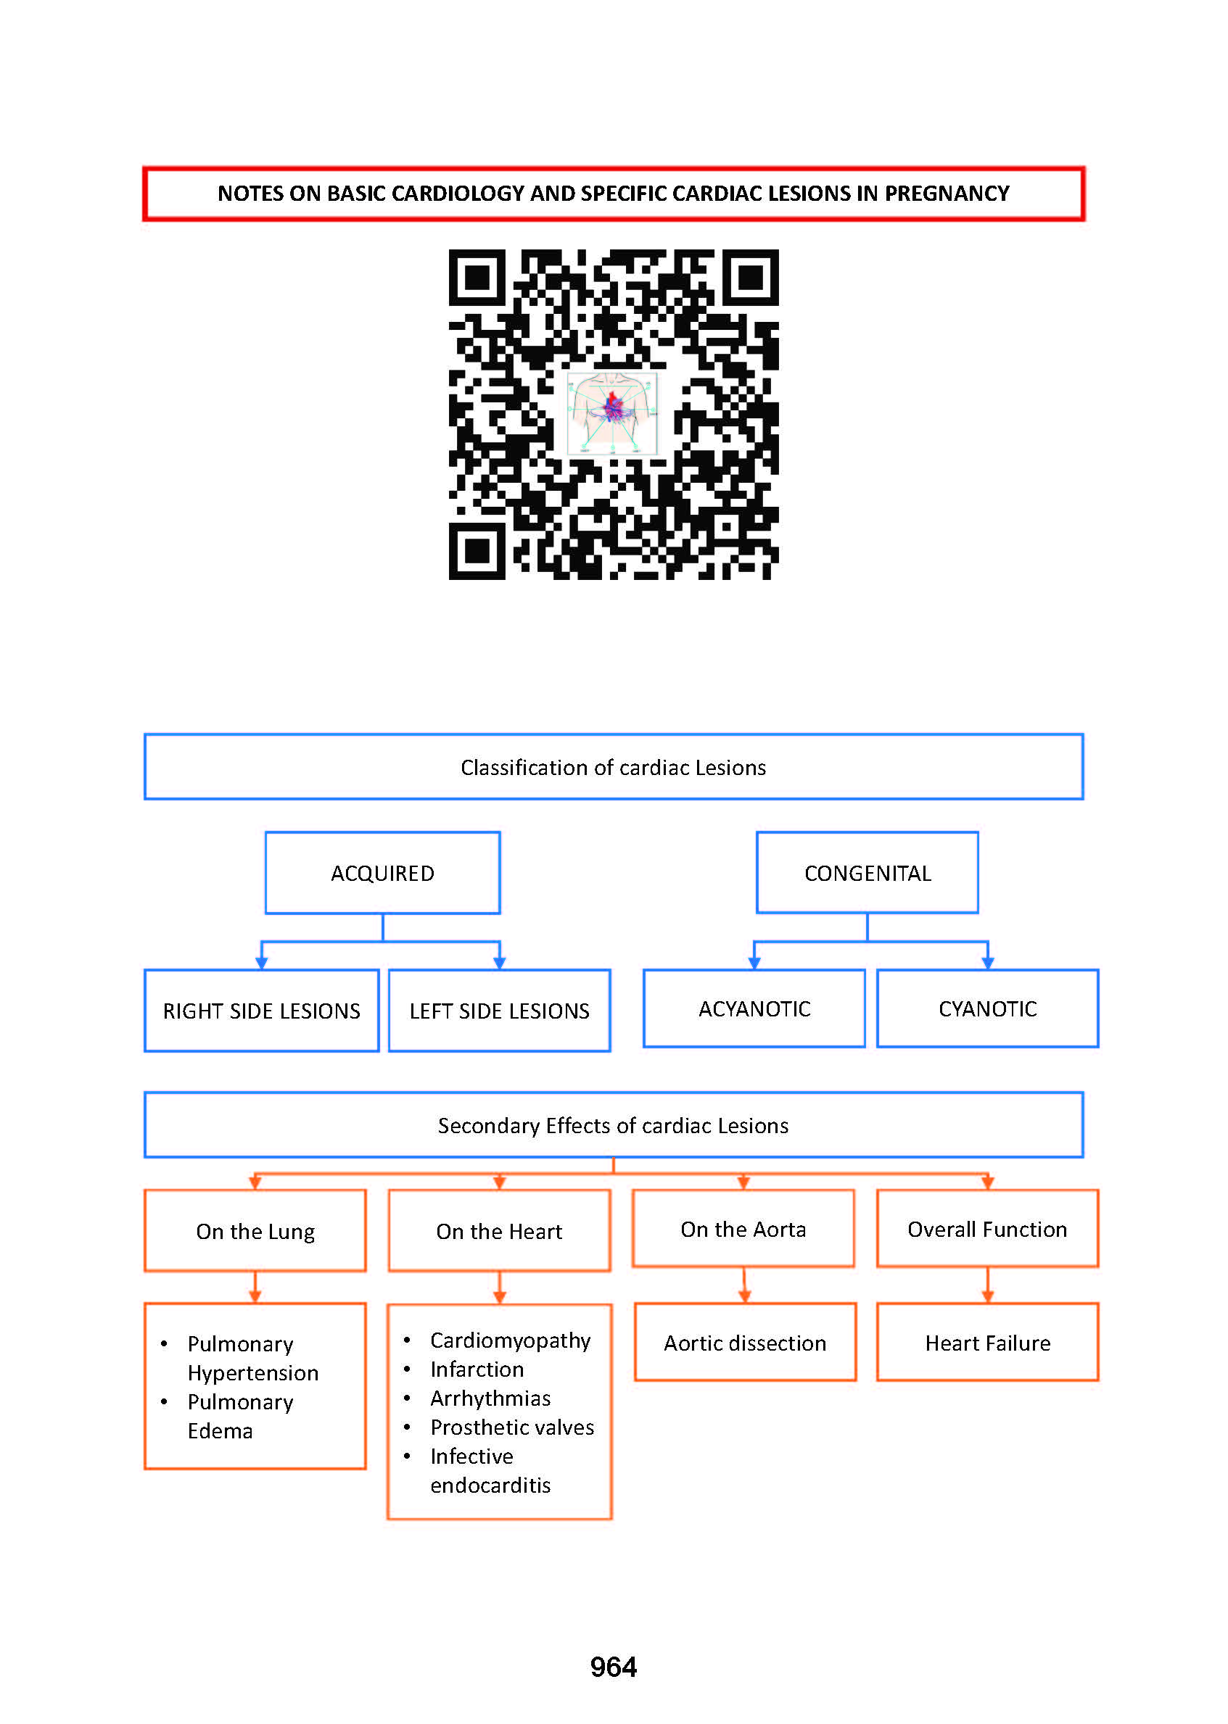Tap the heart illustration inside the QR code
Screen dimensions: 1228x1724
coord(612,412)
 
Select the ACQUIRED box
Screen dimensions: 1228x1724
coord(382,872)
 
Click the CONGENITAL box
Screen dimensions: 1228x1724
coord(868,872)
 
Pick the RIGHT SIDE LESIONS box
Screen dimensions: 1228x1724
coord(262,1010)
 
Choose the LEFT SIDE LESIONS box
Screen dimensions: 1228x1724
coord(499,1010)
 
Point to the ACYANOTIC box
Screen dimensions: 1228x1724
coord(754,1008)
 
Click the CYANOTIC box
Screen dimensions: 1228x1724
coord(987,1008)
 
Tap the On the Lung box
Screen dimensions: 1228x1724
coord(255,1230)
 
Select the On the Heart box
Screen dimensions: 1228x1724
coord(499,1230)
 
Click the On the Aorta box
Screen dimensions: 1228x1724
coord(743,1228)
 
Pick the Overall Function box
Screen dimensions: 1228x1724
coord(987,1228)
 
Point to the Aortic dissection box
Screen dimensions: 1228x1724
coord(746,1343)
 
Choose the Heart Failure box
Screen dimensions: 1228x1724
coord(987,1343)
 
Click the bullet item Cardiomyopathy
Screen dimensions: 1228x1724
coord(511,1340)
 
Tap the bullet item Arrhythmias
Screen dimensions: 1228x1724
coord(490,1398)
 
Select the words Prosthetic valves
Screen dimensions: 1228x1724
coord(512,1427)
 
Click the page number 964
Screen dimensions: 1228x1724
coord(613,1667)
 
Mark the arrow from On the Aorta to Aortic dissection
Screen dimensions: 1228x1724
coord(744,1285)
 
